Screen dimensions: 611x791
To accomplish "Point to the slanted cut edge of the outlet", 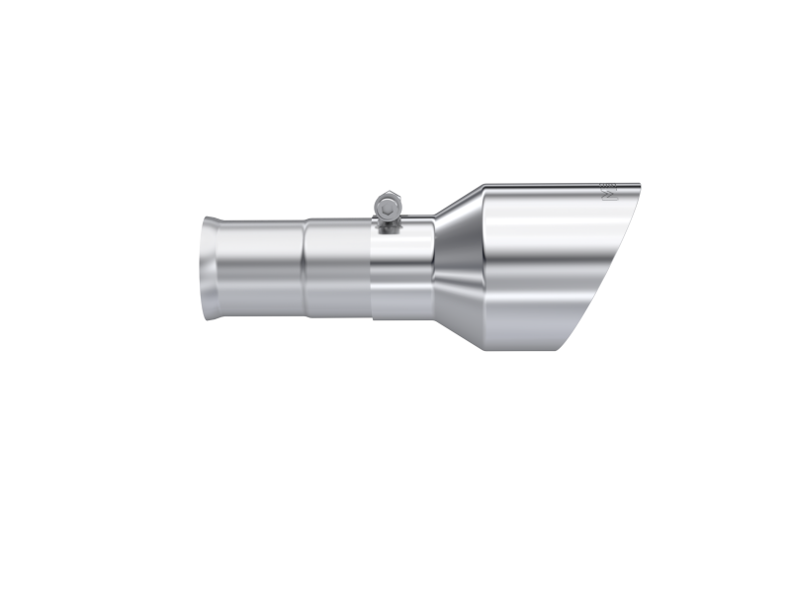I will pyautogui.click(x=604, y=267).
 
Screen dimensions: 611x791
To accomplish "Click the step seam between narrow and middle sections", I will pyautogui.click(x=305, y=270).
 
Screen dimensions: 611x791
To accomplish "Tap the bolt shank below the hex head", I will pyautogui.click(x=390, y=222).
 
